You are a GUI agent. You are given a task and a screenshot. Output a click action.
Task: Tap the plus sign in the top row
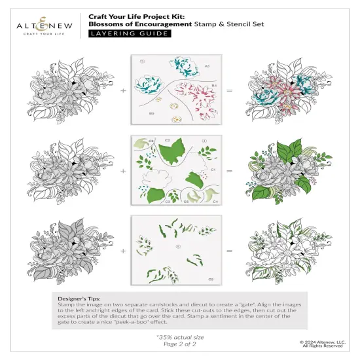(122, 91)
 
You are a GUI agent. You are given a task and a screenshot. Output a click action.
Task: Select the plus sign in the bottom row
(122, 250)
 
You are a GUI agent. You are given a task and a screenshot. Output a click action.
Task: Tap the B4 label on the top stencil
(213, 85)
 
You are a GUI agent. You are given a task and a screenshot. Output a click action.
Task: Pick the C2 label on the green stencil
(167, 141)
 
